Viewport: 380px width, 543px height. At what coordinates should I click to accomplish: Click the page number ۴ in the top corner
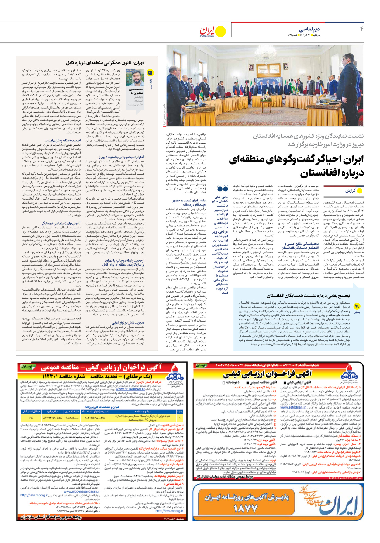click(x=362, y=29)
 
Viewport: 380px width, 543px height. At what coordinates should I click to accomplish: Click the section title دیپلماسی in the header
click(x=309, y=29)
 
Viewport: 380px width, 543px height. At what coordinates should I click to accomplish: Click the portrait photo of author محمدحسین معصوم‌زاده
click(x=136, y=78)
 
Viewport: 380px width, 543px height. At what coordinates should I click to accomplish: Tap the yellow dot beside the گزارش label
click(x=360, y=191)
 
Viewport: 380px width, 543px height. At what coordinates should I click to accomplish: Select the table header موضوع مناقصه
click(x=147, y=412)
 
